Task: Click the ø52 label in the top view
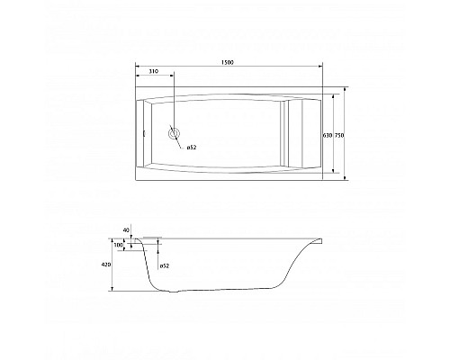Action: click(x=191, y=147)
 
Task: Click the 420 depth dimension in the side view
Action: click(x=105, y=265)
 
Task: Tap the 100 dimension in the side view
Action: click(x=118, y=244)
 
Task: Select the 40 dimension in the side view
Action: click(x=126, y=230)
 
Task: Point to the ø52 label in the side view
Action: click(x=166, y=266)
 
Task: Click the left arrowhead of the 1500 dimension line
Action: click(x=137, y=67)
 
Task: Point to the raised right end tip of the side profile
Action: click(x=322, y=238)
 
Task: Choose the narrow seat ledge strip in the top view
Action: click(x=287, y=135)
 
